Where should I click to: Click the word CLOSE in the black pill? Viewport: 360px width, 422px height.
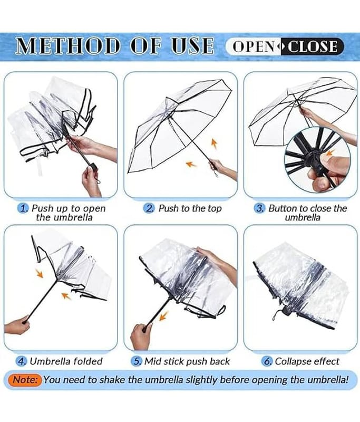coord(313,46)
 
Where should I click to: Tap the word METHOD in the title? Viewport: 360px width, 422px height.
coord(67,45)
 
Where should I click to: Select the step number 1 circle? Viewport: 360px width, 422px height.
coord(23,208)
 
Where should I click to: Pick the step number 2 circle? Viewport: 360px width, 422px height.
coord(149,208)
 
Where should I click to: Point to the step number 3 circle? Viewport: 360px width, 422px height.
coord(259,208)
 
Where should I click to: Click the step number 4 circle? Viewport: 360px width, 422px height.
coord(21,361)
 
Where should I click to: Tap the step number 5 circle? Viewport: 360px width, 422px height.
coord(137,361)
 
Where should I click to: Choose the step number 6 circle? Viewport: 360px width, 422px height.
coord(267,361)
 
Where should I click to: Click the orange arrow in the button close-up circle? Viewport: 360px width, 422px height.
coord(329,153)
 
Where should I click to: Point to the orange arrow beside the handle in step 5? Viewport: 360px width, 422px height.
coord(163,315)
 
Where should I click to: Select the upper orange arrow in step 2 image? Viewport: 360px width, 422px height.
coord(214,143)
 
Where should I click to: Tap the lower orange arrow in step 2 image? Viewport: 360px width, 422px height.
coord(191,164)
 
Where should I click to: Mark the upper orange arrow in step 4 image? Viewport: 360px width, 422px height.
coord(40,273)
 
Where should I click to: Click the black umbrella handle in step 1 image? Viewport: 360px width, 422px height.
coord(93,166)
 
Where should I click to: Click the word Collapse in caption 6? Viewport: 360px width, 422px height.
coord(290,361)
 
